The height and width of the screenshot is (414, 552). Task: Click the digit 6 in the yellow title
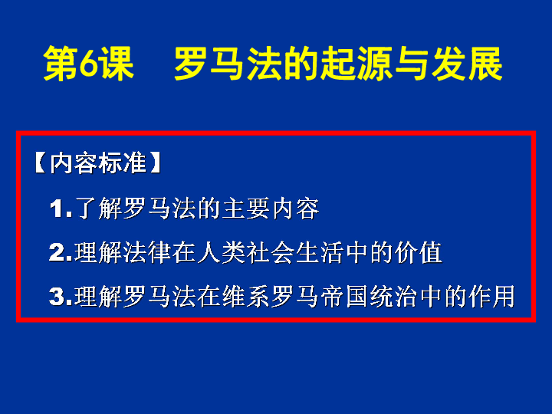pyautogui.click(x=88, y=63)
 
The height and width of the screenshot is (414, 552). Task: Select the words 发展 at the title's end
pyautogui.click(x=467, y=63)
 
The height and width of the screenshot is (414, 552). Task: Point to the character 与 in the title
pyautogui.click(x=412, y=63)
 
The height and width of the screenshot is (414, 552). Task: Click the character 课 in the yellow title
pyautogui.click(x=117, y=63)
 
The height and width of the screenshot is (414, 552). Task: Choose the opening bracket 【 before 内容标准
pyautogui.click(x=40, y=163)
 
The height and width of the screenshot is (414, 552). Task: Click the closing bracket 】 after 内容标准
pyautogui.click(x=155, y=163)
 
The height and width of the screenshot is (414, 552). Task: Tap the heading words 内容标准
pyautogui.click(x=97, y=163)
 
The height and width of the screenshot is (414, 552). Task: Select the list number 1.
pyautogui.click(x=61, y=209)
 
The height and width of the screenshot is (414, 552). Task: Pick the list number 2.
pyautogui.click(x=61, y=252)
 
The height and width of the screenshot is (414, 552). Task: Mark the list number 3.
pyautogui.click(x=61, y=297)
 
